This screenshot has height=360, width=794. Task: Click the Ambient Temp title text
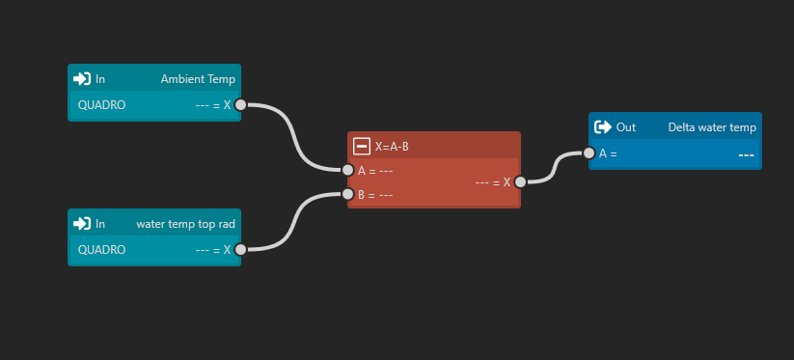tap(198, 79)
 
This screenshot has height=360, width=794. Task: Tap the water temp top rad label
tap(186, 224)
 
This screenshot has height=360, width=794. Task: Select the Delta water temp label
tap(712, 127)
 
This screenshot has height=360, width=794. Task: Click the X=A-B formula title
tap(392, 147)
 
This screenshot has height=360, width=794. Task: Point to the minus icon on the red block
tap(362, 147)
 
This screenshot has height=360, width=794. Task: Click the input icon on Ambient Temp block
tap(82, 79)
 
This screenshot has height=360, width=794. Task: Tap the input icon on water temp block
tap(82, 224)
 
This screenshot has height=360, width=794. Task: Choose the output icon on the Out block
tap(603, 127)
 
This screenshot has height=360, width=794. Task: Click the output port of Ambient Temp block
tap(240, 105)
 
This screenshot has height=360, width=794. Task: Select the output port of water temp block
tap(240, 250)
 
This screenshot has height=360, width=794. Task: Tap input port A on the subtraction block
tap(348, 170)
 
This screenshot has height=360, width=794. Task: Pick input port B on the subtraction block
tap(348, 194)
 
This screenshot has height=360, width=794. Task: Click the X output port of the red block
tap(520, 182)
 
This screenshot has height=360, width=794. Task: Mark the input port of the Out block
tap(589, 152)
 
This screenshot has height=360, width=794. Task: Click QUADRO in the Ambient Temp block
tap(101, 105)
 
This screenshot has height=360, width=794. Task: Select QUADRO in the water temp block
tap(101, 250)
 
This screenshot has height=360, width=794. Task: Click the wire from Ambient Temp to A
tap(294, 137)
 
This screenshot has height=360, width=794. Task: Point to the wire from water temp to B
tap(294, 222)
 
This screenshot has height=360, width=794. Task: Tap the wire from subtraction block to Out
tap(555, 168)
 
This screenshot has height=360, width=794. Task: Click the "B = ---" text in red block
tap(375, 194)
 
